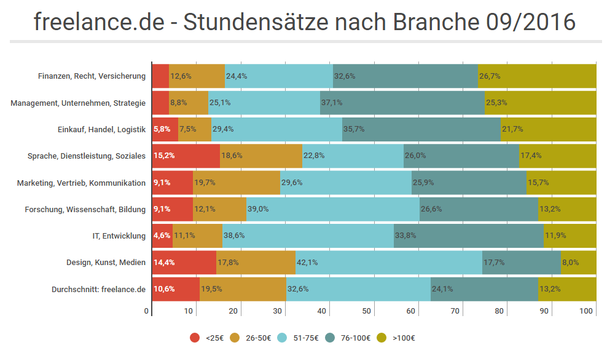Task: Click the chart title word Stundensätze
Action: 254,22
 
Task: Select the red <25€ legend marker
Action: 195,338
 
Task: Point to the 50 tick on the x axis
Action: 367,311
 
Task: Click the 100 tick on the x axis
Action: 587,311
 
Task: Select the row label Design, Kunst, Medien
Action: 106,263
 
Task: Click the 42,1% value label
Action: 388,263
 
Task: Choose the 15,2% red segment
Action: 186,156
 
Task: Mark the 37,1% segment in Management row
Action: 402,103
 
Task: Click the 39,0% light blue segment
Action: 332,209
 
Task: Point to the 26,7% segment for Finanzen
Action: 536,76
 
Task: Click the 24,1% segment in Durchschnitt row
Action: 484,289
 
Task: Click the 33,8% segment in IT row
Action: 468,236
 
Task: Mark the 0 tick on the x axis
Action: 147,311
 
